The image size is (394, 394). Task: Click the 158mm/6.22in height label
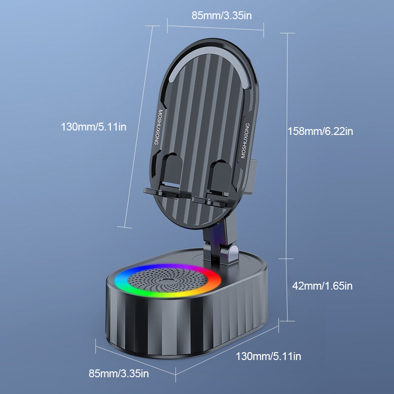pyautogui.click(x=321, y=131)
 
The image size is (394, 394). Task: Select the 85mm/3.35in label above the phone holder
pyautogui.click(x=222, y=15)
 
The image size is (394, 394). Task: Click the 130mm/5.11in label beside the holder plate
pyautogui.click(x=94, y=127)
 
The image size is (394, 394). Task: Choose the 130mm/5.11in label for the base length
pyautogui.click(x=268, y=356)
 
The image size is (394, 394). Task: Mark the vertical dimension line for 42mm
pyautogui.click(x=287, y=288)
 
